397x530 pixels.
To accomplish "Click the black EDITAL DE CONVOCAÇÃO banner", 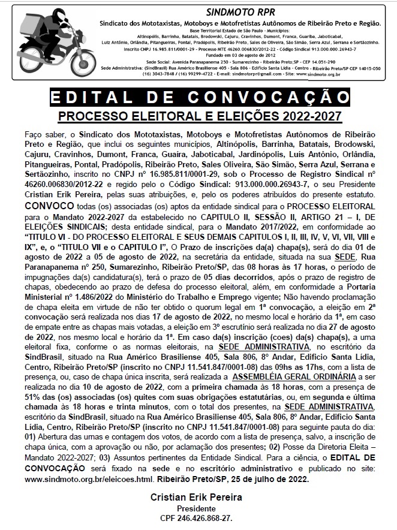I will [198, 97].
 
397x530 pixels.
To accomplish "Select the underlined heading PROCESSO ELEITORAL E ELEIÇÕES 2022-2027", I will [198, 115].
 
